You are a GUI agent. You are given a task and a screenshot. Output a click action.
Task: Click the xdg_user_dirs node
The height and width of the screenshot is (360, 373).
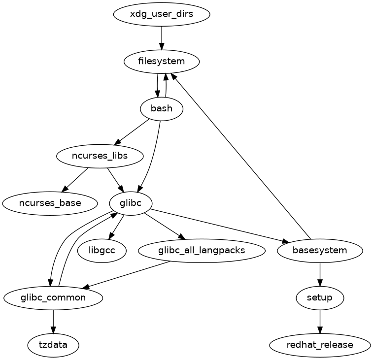click(162, 14)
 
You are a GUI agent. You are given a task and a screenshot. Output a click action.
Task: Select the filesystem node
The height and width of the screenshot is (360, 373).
click(162, 62)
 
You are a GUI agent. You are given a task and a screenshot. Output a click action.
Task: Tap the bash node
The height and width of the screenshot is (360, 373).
click(162, 108)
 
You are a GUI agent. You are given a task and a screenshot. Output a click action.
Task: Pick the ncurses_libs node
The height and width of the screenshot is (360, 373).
click(100, 156)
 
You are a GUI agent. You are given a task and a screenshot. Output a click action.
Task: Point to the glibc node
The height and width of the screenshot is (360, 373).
click(131, 202)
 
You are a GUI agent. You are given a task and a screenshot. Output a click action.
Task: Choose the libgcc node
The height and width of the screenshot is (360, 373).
click(102, 250)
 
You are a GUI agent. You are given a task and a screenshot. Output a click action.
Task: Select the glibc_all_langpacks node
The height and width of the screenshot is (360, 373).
click(202, 250)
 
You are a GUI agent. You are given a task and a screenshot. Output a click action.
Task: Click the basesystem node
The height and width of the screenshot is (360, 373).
click(320, 250)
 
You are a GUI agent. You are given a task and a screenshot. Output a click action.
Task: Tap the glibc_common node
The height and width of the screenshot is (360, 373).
click(53, 297)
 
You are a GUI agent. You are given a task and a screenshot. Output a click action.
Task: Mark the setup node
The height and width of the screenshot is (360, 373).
click(320, 297)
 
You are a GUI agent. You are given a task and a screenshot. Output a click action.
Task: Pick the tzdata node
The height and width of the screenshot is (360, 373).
click(53, 345)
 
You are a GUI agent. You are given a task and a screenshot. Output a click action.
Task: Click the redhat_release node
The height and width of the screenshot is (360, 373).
click(320, 345)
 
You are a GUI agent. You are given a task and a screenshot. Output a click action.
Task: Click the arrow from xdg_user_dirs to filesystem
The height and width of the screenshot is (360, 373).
click(162, 37)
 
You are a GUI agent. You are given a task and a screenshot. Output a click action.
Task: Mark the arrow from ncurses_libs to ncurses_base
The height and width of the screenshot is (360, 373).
click(74, 179)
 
